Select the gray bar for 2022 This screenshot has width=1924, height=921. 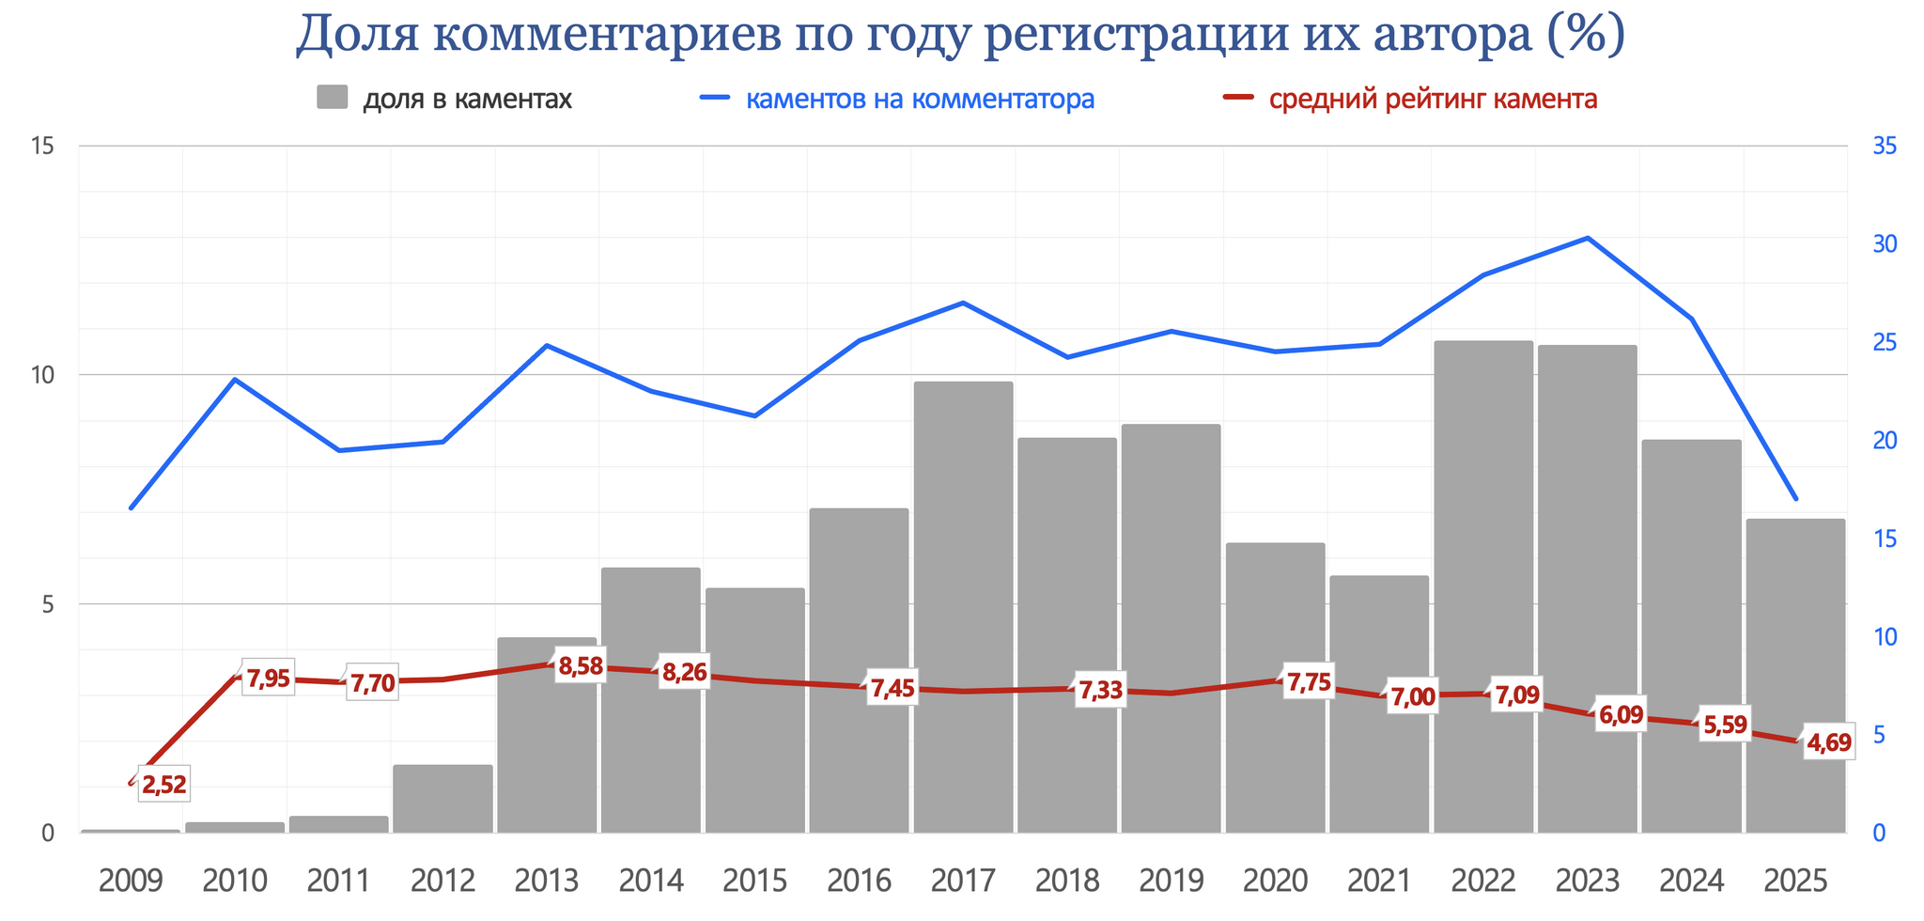[1483, 526]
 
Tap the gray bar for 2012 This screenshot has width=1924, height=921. [442, 799]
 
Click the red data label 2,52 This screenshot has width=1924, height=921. [164, 785]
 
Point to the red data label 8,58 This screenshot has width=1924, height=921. [581, 667]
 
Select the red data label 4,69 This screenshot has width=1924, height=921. [1828, 743]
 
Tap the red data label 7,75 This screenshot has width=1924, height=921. [1309, 682]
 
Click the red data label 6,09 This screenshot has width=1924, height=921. [1621, 715]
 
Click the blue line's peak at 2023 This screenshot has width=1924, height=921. [1588, 238]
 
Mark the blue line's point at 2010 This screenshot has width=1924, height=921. [235, 380]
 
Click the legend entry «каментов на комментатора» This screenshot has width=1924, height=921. [920, 99]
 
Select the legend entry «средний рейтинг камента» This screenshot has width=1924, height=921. [1433, 99]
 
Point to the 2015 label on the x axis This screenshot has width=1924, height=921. [755, 882]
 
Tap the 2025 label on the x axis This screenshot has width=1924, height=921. [1795, 882]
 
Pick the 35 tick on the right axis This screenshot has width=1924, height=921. [1885, 146]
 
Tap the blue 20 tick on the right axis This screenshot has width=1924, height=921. [1885, 441]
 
